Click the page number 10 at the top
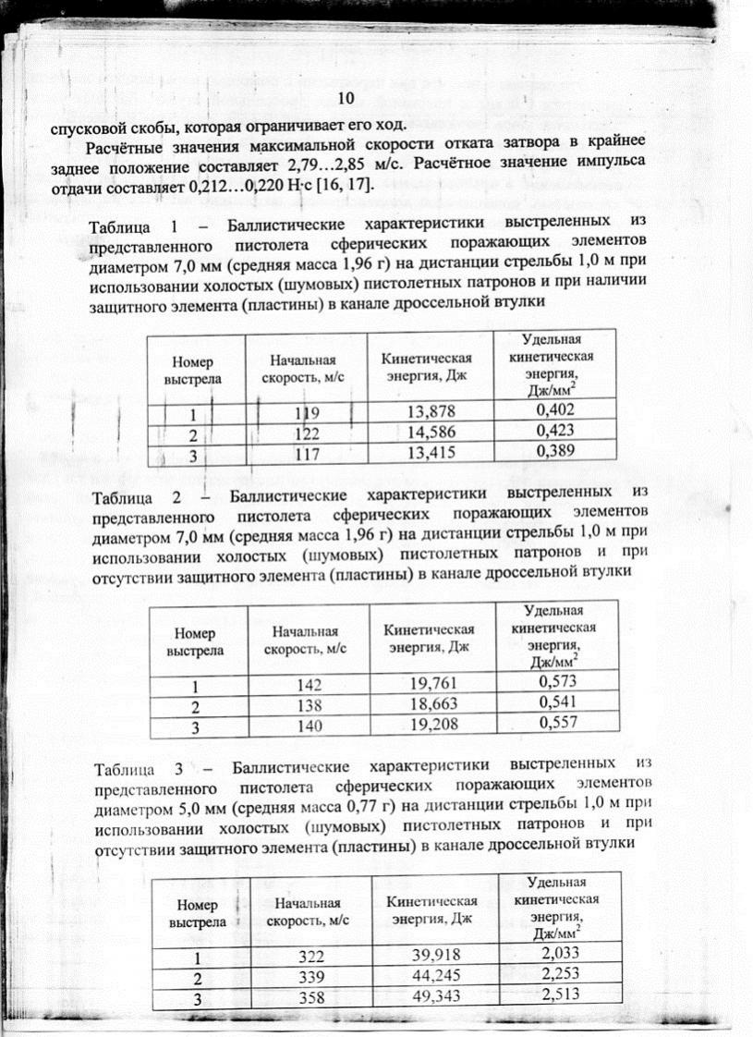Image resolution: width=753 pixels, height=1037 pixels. pyautogui.click(x=346, y=99)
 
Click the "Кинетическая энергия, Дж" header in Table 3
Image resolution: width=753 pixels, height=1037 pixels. pyautogui.click(x=433, y=909)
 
